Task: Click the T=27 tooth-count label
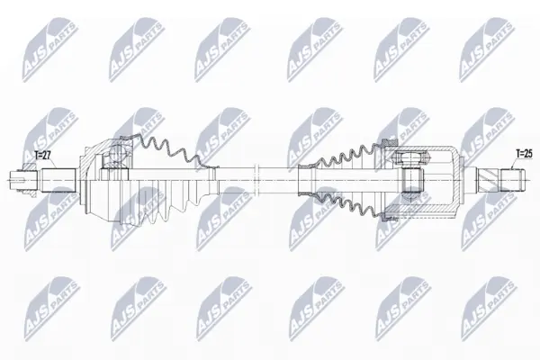coord(42,156)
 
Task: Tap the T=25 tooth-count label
coord(524,154)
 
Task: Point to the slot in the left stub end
coord(18,180)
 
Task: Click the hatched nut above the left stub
coord(30,166)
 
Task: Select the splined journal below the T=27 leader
coord(58,180)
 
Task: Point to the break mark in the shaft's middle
coord(256,180)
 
